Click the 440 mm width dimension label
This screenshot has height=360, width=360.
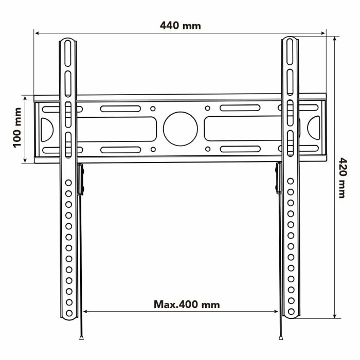click(180, 25)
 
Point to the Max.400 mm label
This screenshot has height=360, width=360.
click(187, 304)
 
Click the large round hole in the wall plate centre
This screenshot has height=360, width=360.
click(181, 128)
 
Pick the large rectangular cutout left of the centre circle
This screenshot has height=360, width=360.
click(117, 129)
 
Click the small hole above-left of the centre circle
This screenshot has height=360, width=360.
click(153, 109)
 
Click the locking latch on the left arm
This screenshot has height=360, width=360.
click(80, 179)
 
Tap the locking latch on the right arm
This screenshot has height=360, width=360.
click(279, 179)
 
